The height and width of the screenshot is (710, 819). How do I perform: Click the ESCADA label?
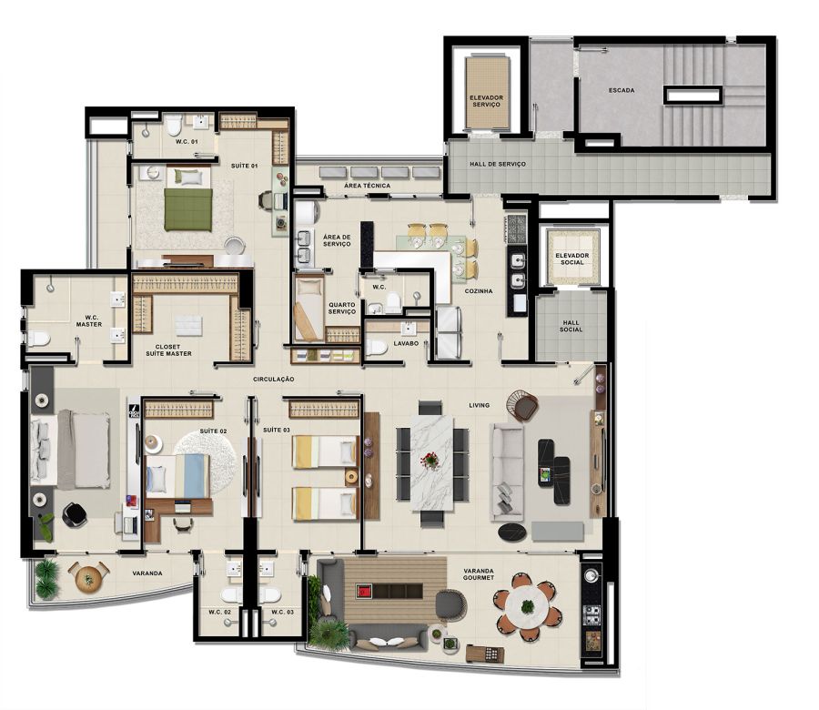click(622, 90)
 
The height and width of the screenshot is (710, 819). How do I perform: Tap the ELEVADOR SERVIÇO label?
click(486, 101)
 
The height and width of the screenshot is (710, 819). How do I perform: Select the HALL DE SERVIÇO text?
click(497, 164)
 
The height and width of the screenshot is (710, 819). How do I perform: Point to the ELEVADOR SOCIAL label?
click(572, 259)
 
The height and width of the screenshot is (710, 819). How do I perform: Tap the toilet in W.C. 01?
click(174, 125)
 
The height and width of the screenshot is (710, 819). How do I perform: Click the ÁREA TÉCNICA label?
click(368, 186)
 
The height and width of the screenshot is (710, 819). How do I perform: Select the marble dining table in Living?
click(431, 461)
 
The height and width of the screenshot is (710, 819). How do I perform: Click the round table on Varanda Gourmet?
click(527, 606)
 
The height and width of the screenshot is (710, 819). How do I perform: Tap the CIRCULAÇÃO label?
click(274, 380)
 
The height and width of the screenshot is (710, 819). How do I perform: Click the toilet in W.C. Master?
click(37, 339)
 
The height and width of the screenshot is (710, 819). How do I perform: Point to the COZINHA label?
click(479, 291)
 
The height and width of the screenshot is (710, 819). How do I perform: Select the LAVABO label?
click(406, 344)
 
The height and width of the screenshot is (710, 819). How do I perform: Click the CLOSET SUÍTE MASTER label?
click(168, 350)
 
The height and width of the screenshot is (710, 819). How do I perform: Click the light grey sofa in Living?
click(506, 472)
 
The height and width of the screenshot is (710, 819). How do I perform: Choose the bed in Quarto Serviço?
click(309, 309)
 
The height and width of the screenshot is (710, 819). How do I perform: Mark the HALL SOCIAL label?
click(571, 327)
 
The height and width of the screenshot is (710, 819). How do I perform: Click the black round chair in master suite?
click(76, 514)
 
